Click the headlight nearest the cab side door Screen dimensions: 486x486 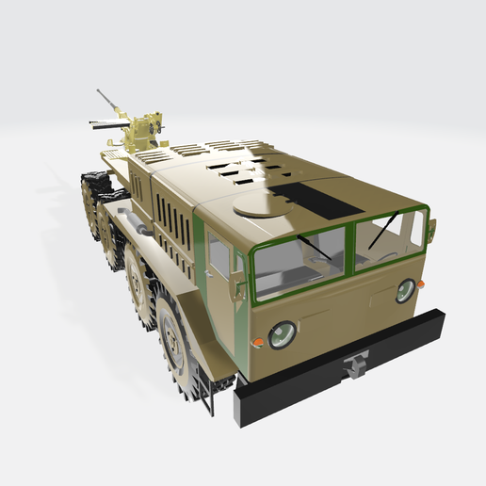click(282, 334)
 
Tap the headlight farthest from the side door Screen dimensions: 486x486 click(405, 290)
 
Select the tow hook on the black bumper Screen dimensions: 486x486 click(355, 364)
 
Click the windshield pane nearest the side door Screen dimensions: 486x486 click(300, 259)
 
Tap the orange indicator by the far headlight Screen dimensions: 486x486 click(421, 283)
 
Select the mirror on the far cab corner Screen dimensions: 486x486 click(433, 228)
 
